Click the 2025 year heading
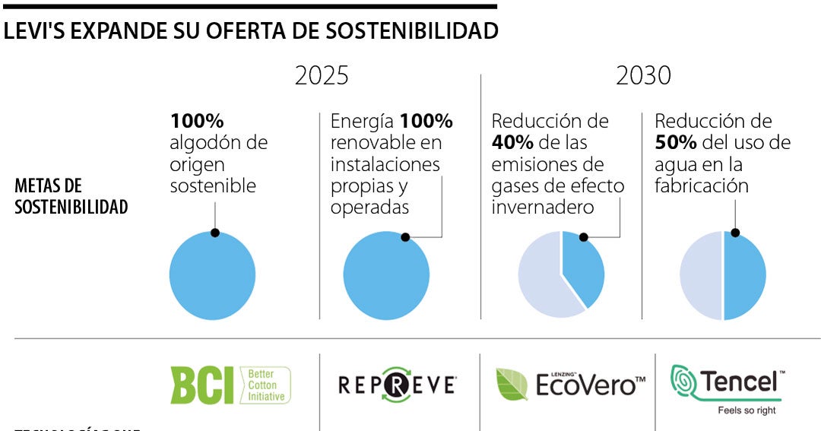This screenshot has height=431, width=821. tap(322, 76)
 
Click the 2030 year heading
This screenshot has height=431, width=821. tap(643, 76)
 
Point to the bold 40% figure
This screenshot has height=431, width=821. tap(510, 143)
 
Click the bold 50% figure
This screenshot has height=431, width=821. tap(673, 143)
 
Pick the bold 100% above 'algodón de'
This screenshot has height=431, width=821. tap(197, 121)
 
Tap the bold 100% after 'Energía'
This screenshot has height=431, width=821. tap(426, 121)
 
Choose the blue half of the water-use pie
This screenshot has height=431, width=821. tap(744, 276)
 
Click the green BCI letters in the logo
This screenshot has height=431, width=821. tap(202, 385)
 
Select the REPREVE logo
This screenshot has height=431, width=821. tap(397, 385)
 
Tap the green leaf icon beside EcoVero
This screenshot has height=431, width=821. tap(512, 384)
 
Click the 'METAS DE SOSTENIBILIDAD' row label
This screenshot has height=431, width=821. tap(71, 196)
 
